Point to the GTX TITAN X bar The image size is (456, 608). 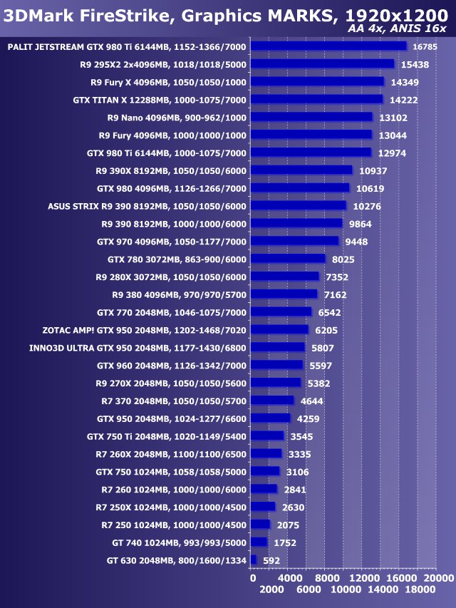point(316,100)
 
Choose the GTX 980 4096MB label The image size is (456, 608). point(172,188)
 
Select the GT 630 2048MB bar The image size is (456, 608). point(253,560)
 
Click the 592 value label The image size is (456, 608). point(270,560)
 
